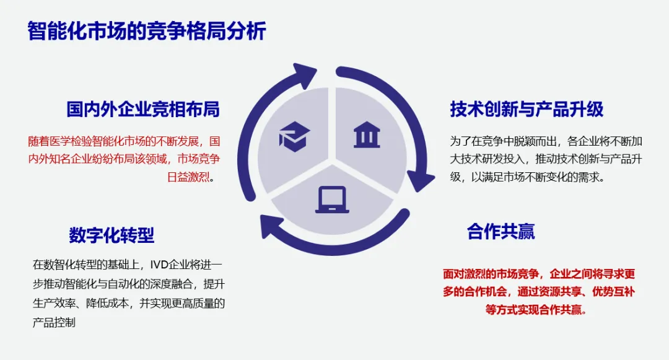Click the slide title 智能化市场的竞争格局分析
147,31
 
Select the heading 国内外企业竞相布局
143,109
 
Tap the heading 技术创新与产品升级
527,109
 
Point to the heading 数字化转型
111,235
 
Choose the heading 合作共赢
501,232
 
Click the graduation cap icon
294,136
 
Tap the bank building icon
367,135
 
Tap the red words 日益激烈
188,177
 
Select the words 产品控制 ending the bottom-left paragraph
54,322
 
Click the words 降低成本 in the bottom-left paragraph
108,303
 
